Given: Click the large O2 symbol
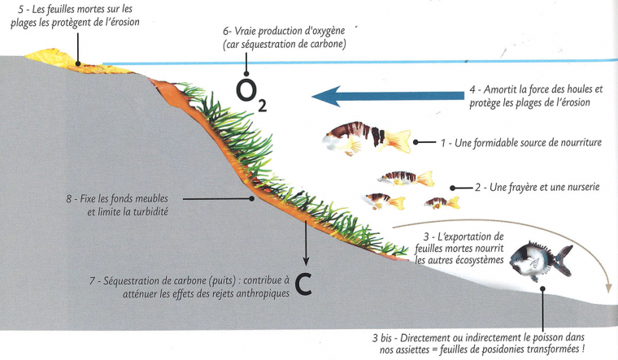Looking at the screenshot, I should point(249,95).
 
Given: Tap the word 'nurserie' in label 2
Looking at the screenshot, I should point(578,187).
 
